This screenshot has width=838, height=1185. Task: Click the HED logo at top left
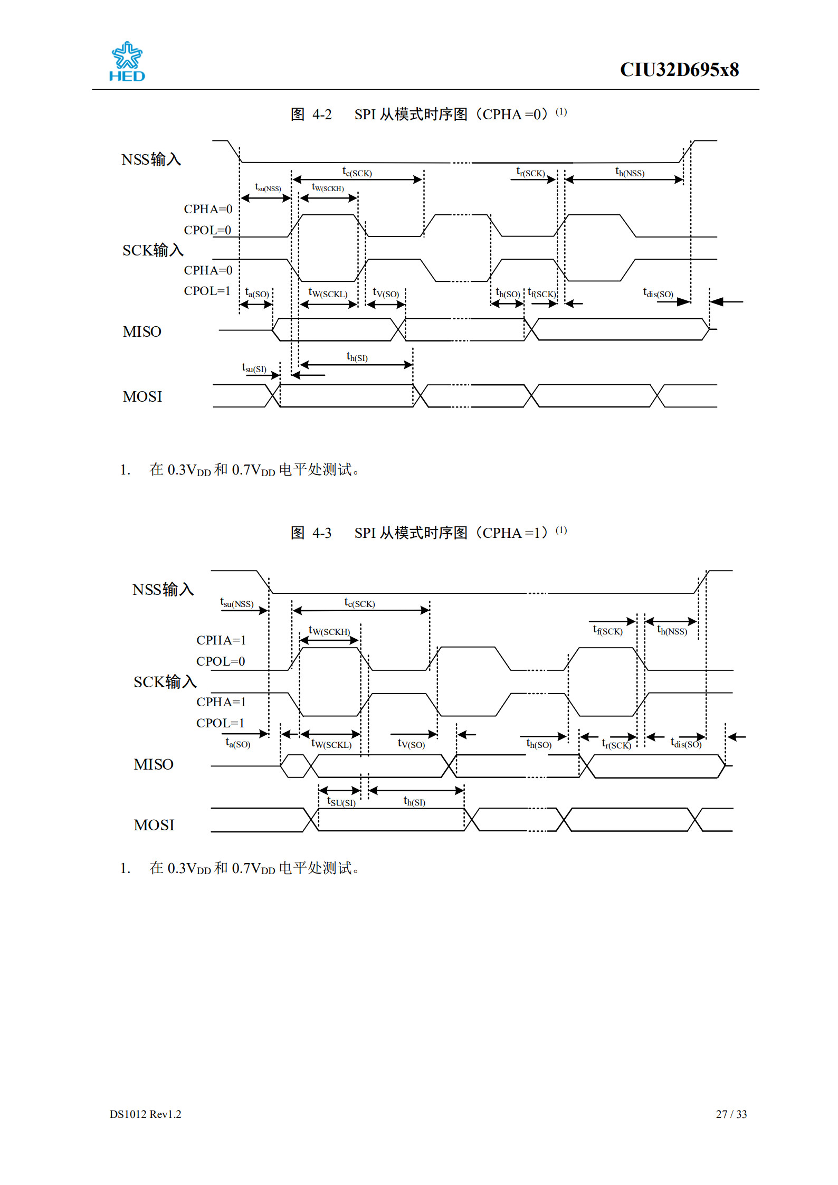pos(127,62)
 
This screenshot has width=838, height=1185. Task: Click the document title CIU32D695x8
pos(679,70)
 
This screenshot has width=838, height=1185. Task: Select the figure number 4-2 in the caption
pos(321,115)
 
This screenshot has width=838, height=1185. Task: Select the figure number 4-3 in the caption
pos(321,533)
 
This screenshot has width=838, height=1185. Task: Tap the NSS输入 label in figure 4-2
pos(151,159)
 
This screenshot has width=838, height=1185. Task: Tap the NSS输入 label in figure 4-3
pos(163,590)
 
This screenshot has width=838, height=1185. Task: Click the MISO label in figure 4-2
pos(142,332)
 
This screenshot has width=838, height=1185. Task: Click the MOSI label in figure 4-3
pos(154,825)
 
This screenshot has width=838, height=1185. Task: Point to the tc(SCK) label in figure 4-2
pos(357,172)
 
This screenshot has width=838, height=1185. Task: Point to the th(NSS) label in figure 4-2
pos(630,172)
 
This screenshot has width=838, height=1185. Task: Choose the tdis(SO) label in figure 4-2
pos(658,293)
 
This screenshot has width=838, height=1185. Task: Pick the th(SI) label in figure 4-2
pos(357,357)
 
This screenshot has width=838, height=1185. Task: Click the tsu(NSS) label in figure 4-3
pos(237,603)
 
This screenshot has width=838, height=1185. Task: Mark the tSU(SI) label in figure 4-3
pos(341,802)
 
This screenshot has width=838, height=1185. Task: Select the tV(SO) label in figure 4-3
pos(411,744)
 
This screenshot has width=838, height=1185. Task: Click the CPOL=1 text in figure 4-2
pos(207,291)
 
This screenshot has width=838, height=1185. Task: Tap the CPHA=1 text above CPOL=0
pos(221,640)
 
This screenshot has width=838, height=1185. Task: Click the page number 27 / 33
pos(731,1114)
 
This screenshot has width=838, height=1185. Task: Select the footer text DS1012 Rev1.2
pos(145,1114)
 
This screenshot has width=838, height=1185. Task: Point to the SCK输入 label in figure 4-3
pos(165,682)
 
